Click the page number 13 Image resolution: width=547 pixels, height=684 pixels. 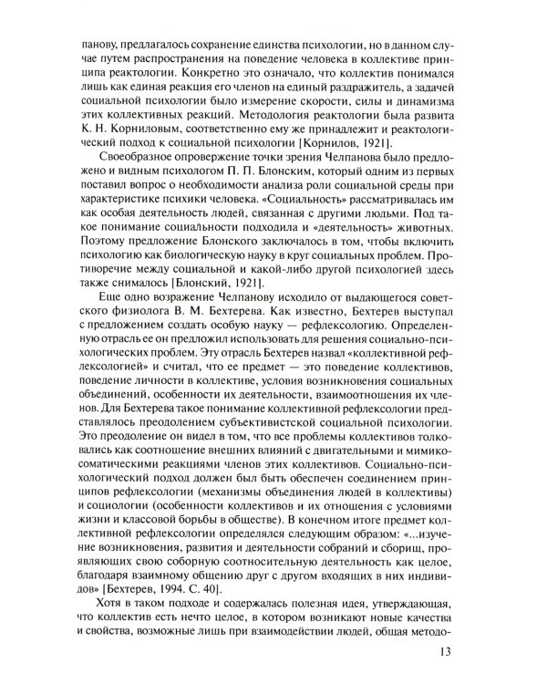tap(444, 650)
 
